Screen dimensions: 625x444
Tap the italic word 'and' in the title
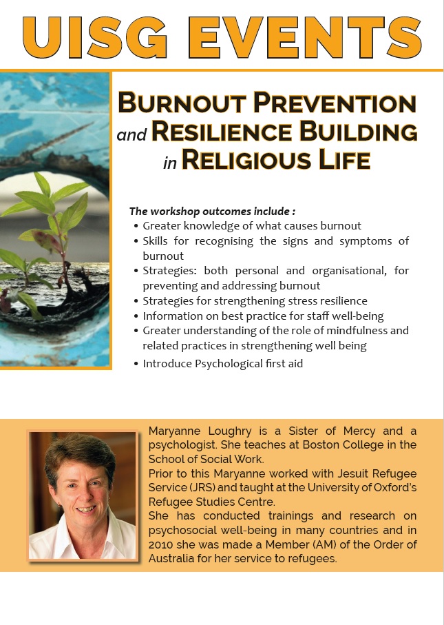(x=131, y=135)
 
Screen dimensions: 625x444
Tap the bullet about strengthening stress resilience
(x=255, y=300)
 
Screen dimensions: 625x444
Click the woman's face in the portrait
(x=84, y=486)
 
